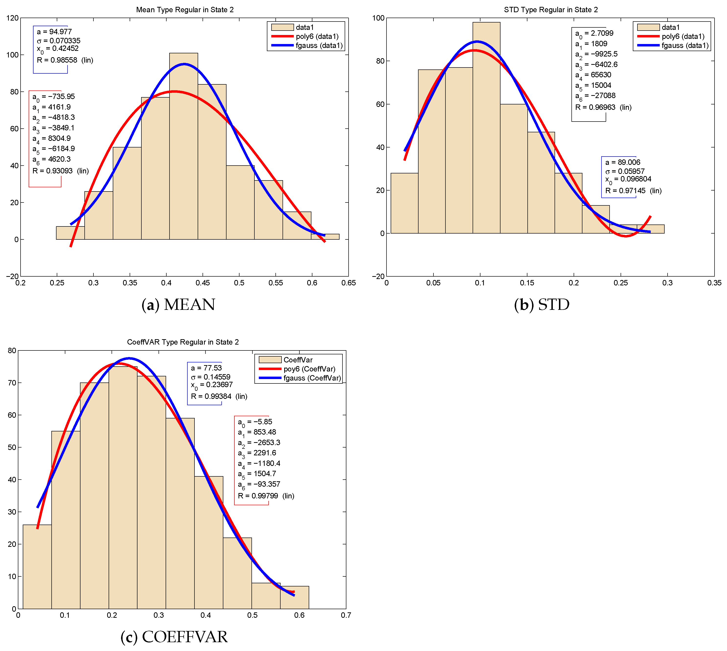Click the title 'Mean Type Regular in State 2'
pos(185,10)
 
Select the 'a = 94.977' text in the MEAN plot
pos(54,32)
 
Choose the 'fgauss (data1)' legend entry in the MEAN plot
pos(319,45)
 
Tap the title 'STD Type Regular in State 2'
pos(551,10)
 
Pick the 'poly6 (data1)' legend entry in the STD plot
pos(683,36)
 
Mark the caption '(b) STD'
pos(541,304)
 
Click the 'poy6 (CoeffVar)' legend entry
pos(309,369)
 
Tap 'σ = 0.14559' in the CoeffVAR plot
pos(210,377)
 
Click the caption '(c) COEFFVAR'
pos(174,637)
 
